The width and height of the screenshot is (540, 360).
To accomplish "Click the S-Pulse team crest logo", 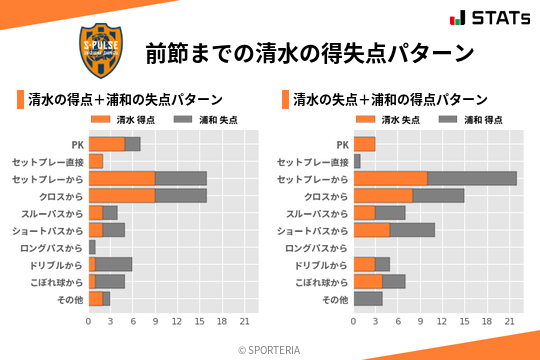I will point(104,50).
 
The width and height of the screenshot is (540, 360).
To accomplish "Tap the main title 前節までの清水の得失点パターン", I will point(309,51).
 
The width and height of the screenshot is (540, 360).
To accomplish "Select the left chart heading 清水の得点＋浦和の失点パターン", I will point(125,100).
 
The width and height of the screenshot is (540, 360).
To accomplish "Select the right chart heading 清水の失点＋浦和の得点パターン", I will point(390,100).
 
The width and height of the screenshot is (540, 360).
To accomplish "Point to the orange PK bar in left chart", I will point(107,144).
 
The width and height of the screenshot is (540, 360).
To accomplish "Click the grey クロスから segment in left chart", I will point(181,195).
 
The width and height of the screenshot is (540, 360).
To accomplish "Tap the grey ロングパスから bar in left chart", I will point(92,247).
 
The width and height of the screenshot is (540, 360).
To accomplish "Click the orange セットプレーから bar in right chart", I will point(391,178).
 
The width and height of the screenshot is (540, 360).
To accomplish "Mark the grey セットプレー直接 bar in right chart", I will point(357,161).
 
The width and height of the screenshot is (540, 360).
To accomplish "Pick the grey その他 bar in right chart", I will point(368,298).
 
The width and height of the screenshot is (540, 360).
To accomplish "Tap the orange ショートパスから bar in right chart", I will point(372,230).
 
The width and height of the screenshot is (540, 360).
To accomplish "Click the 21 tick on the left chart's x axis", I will point(243,321).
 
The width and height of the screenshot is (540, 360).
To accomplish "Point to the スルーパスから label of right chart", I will point(316,213).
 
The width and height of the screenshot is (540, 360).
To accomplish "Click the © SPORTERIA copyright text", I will point(270,349).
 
